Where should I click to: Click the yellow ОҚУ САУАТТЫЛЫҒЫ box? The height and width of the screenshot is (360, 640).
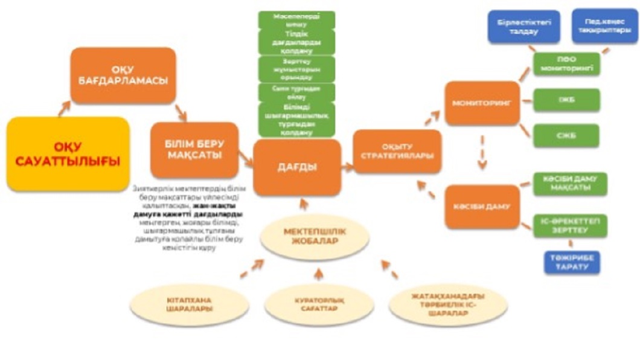tap(68, 154)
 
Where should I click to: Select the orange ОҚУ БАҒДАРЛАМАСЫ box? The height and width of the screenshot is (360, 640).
tap(123, 75)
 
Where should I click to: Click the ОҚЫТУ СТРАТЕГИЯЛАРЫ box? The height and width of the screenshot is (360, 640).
tap(397, 152)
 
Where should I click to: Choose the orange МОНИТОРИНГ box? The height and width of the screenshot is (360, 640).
tap(482, 103)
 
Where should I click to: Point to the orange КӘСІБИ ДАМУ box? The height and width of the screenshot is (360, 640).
tap(482, 207)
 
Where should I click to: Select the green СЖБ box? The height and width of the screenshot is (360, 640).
tap(566, 135)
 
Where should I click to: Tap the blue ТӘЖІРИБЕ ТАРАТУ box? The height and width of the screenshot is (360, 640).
tap(572, 262)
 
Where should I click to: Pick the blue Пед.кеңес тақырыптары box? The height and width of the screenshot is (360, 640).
tap(600, 25)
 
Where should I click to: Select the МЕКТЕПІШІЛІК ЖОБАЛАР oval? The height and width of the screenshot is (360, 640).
tap(315, 237)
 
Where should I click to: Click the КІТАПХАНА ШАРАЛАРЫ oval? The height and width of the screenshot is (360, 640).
tap(189, 304)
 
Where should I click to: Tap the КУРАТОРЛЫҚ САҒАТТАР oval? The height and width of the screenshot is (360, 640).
tap(319, 304)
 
